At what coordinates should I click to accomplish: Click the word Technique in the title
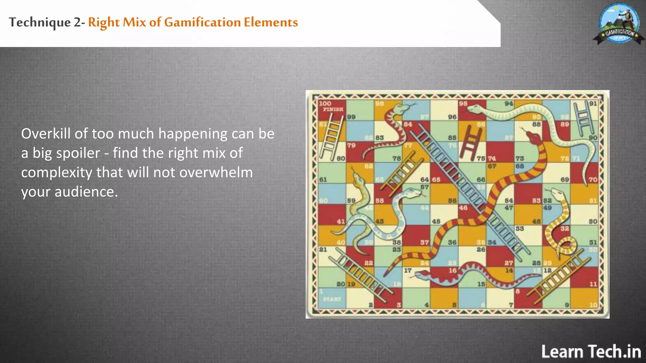(40, 22)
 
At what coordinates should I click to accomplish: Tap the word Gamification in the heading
(203, 22)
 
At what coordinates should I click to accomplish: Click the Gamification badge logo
(619, 24)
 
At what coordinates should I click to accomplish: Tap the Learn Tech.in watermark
(591, 351)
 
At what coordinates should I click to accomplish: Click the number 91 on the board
(593, 104)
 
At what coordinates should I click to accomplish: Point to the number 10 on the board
(593, 305)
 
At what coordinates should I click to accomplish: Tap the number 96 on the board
(452, 117)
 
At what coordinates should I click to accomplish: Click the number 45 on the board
(436, 222)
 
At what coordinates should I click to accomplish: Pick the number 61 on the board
(323, 180)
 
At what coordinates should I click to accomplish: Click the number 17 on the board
(408, 270)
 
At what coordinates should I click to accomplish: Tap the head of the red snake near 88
(533, 136)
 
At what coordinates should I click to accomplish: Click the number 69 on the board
(565, 180)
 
